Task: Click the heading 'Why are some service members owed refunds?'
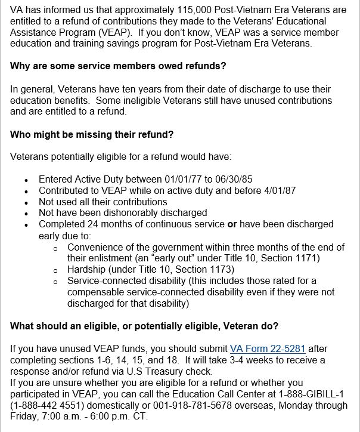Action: (x=118, y=66)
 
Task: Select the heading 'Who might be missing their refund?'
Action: (x=92, y=134)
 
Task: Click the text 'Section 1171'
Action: (x=293, y=258)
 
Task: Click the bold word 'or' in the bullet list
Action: (x=233, y=224)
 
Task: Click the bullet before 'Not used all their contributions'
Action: (x=26, y=202)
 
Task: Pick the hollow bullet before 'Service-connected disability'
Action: (x=55, y=281)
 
